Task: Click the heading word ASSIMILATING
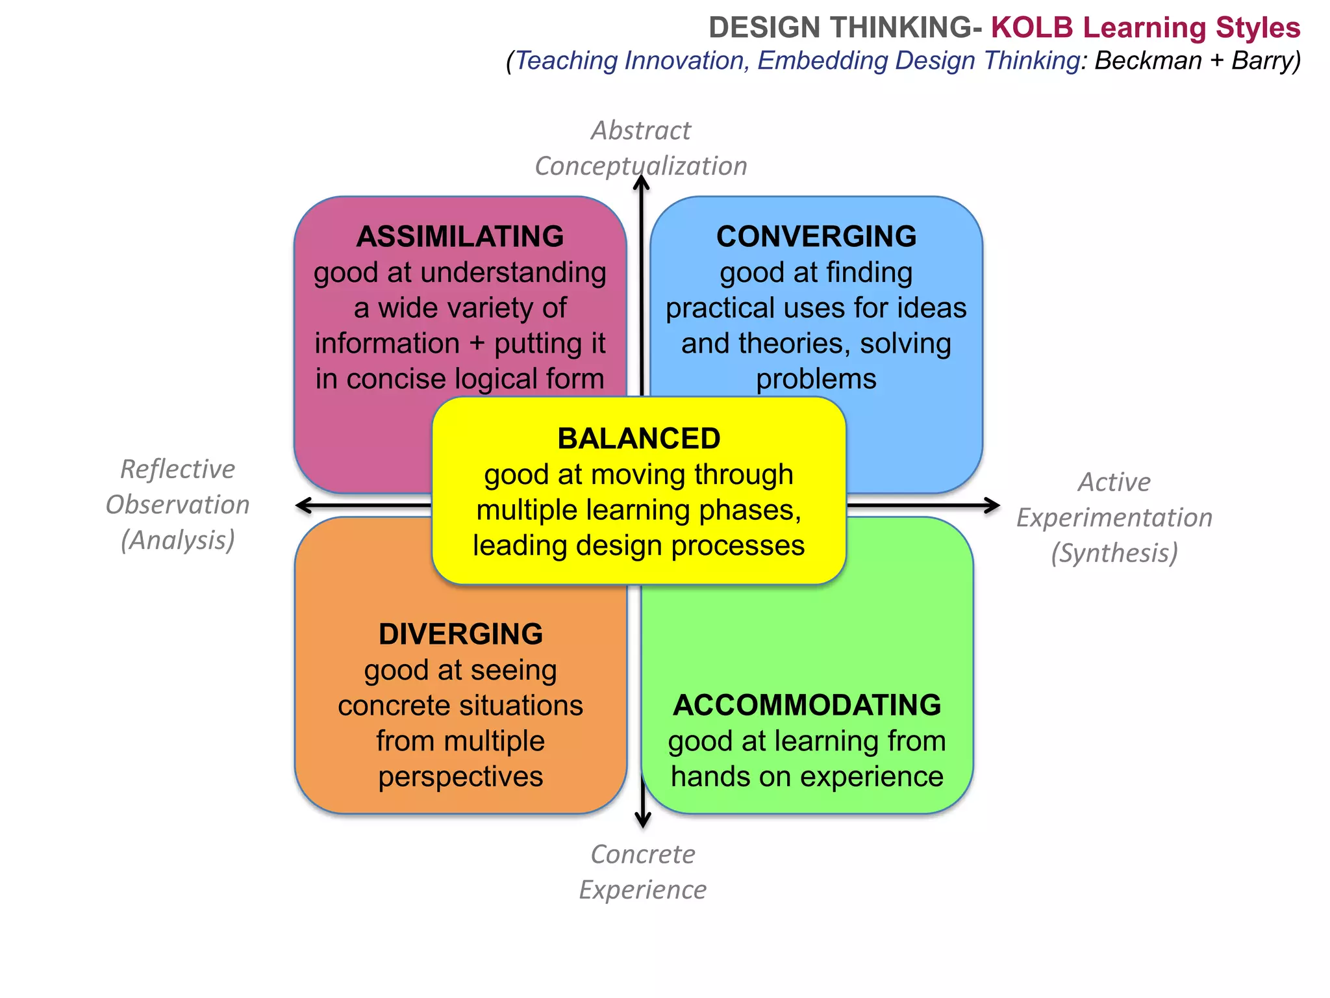tap(460, 237)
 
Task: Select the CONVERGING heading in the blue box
tap(816, 237)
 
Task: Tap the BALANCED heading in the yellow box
tap(639, 439)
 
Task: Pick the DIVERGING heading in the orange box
tap(460, 634)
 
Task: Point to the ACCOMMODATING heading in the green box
tap(807, 705)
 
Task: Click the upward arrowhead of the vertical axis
tap(642, 183)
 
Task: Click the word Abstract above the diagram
tap(641, 131)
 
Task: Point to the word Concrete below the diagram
tap(643, 854)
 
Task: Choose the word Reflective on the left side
tap(177, 469)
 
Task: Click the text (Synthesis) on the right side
tap(1114, 553)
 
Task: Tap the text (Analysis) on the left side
tap(177, 540)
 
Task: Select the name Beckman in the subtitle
tap(1148, 60)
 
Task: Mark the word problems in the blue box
tap(816, 379)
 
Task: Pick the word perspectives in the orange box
tap(460, 776)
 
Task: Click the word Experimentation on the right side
tap(1114, 518)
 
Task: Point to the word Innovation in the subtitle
tap(685, 60)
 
